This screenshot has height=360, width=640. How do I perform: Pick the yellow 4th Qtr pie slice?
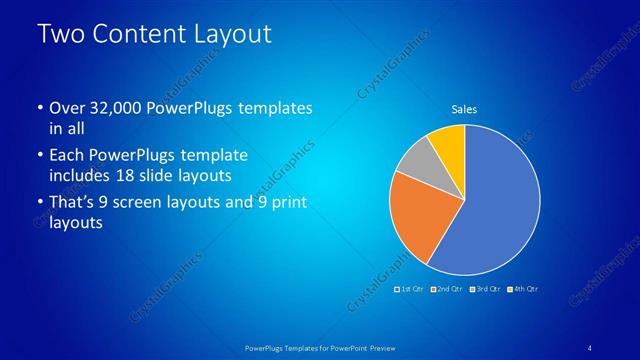pyautogui.click(x=448, y=141)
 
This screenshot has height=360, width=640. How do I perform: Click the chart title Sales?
pyautogui.click(x=465, y=110)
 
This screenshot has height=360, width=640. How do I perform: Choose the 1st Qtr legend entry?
pyautogui.click(x=410, y=289)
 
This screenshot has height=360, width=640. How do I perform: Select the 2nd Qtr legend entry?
pyautogui.click(x=448, y=289)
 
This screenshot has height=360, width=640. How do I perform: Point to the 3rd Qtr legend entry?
pyautogui.click(x=485, y=289)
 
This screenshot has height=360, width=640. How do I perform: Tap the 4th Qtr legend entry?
pyautogui.click(x=522, y=289)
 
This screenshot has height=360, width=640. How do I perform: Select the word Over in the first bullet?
pyautogui.click(x=66, y=107)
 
